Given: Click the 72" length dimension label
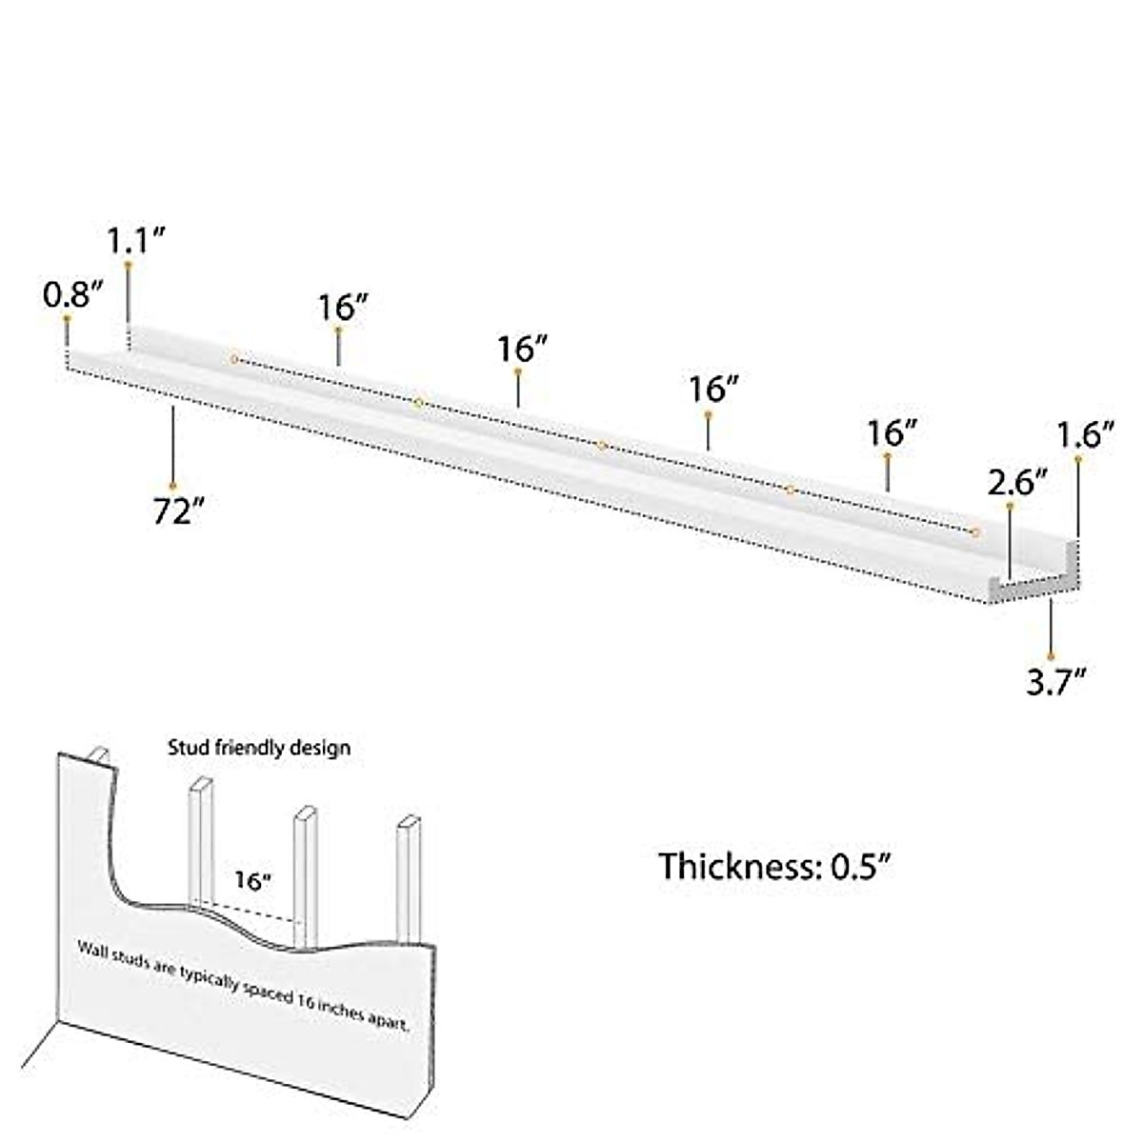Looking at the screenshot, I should (179, 512).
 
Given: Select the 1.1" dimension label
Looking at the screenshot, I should (136, 240).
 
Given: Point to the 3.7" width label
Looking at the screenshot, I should (1056, 681).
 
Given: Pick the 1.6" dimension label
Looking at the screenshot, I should (1085, 435).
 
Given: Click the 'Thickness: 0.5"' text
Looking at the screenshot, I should (775, 866).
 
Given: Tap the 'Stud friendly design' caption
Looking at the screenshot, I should (259, 748).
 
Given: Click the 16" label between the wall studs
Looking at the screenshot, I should (253, 881).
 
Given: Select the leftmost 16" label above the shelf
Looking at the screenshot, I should (343, 307).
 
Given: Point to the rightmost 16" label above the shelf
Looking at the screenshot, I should (892, 433).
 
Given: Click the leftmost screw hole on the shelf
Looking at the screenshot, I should (234, 359).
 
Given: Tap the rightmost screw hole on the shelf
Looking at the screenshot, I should (975, 531).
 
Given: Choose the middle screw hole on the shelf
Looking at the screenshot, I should (602, 445).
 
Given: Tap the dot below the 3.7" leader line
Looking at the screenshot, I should (1051, 656).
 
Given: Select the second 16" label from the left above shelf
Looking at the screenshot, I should (521, 349).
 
